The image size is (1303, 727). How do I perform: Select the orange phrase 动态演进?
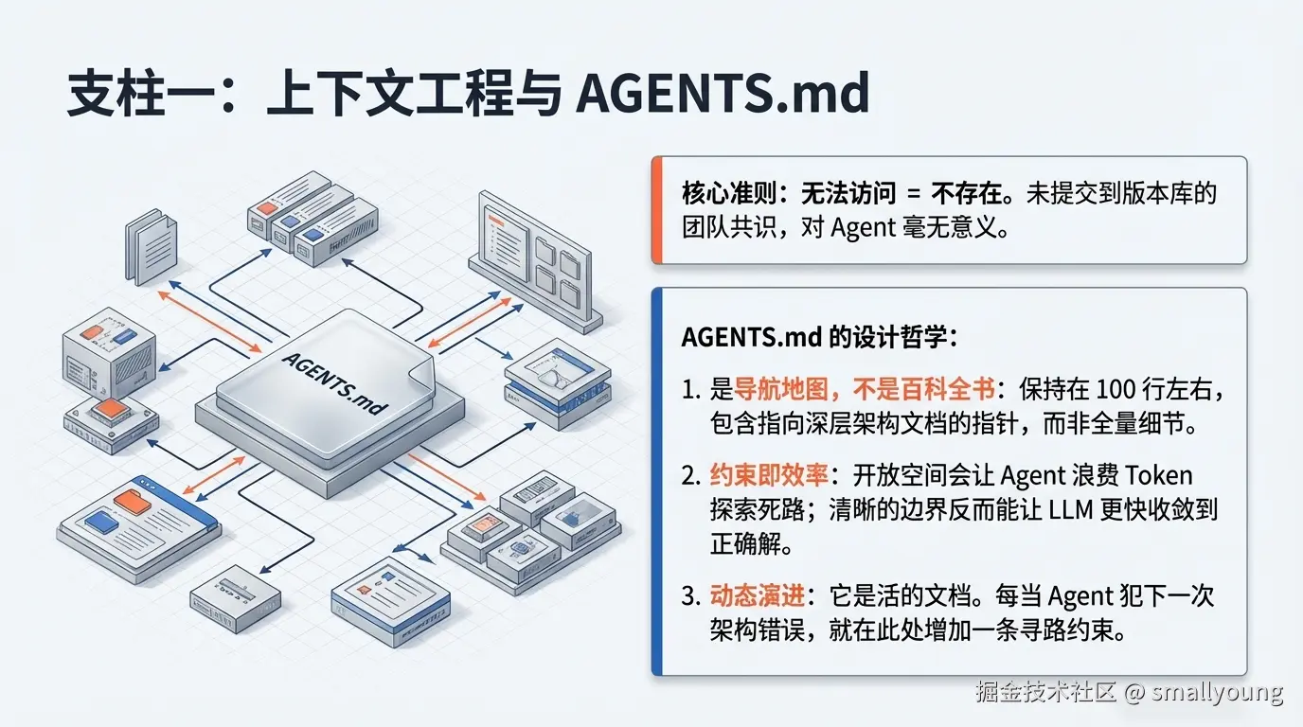(758, 596)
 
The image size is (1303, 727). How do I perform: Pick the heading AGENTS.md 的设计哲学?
(820, 337)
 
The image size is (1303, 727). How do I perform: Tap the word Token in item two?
(1158, 475)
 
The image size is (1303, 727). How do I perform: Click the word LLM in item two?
(1070, 509)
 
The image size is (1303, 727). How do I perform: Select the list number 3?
(689, 596)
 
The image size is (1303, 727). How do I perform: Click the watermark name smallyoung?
(1217, 692)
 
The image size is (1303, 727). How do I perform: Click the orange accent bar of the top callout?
(656, 210)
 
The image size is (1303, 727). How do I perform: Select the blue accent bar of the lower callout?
(656, 481)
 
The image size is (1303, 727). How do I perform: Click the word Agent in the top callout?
(862, 228)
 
